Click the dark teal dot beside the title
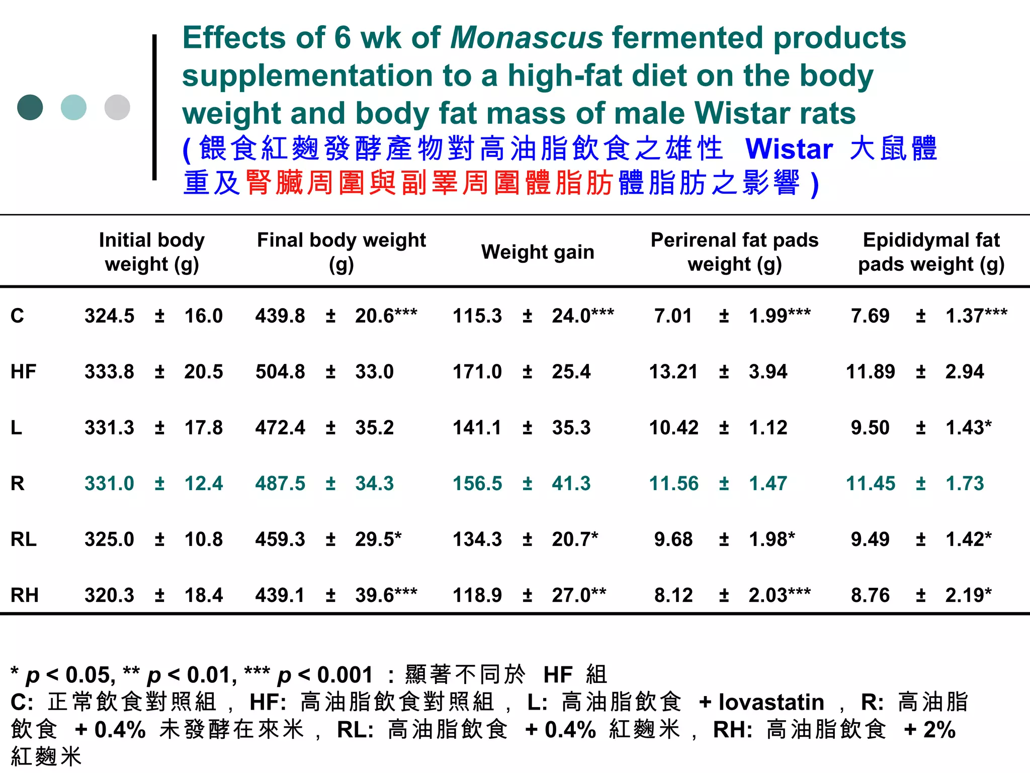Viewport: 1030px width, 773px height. point(30,107)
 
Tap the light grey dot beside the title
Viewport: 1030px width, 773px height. point(117,107)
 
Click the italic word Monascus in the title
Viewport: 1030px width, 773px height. point(526,38)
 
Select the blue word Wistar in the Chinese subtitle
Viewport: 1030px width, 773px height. point(789,149)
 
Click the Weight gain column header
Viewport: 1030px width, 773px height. point(538,252)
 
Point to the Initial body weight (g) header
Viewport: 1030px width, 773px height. point(151,252)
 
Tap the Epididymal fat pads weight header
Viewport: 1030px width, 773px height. point(931,252)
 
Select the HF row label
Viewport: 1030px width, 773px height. point(23,372)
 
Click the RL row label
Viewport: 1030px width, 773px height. point(23,539)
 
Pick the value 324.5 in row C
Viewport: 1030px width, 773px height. point(109,316)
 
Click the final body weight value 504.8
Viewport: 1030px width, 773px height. point(280,372)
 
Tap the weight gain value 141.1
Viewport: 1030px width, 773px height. point(477,428)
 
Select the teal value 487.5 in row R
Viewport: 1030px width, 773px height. point(280,484)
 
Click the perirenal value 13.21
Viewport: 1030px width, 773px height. point(673,372)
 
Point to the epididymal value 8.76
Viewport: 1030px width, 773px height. point(870,595)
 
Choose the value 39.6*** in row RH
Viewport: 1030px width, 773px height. point(386,595)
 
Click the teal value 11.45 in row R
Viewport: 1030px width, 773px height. point(871,484)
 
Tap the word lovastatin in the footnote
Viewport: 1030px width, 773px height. point(771,702)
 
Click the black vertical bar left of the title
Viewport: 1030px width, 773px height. point(154,107)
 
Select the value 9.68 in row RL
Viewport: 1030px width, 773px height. point(673,539)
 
